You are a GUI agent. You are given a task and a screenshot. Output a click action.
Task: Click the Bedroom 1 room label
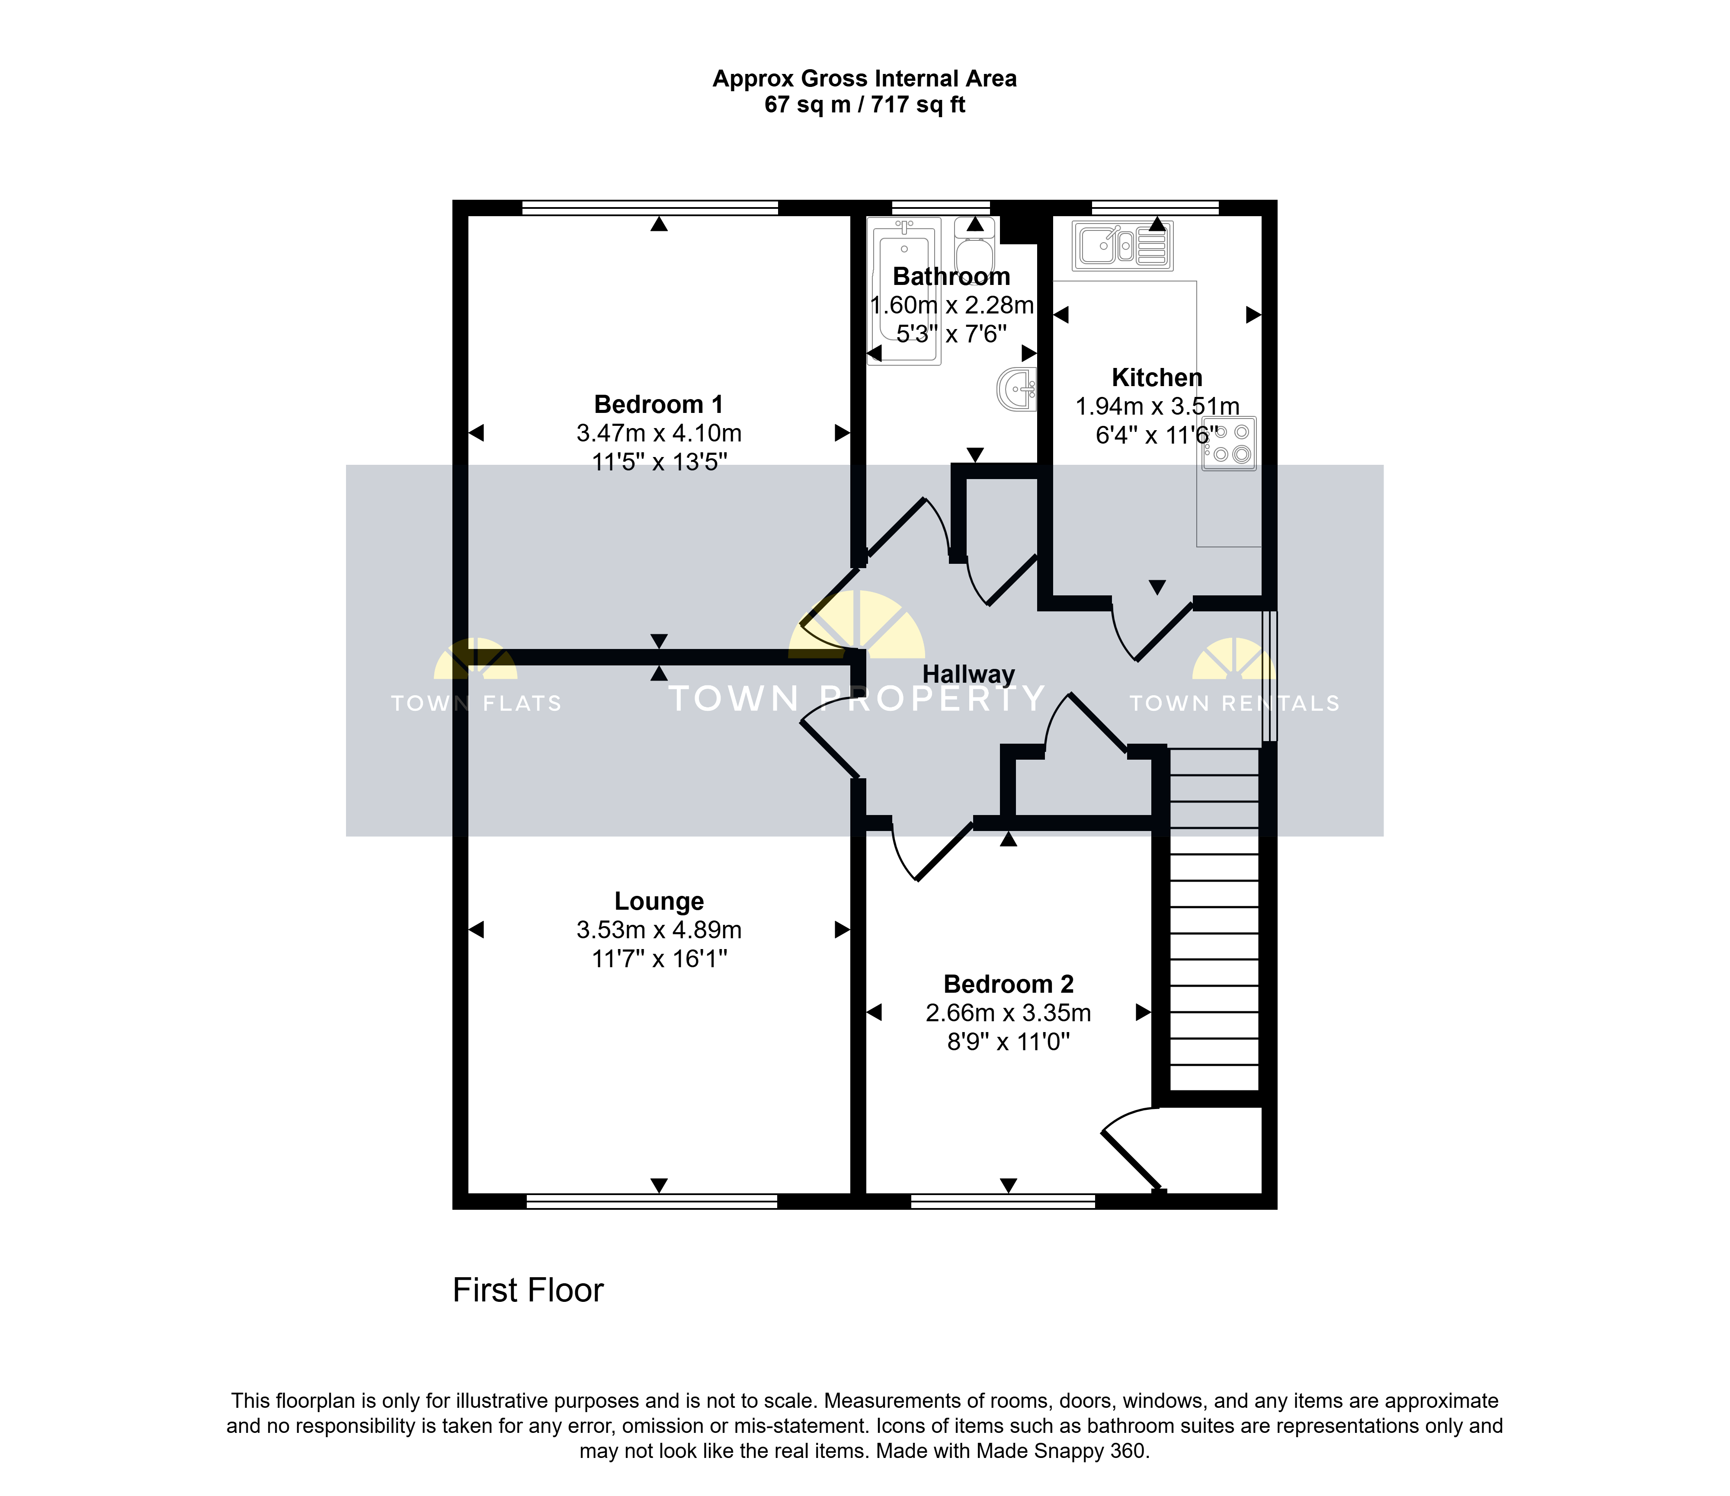[659, 405]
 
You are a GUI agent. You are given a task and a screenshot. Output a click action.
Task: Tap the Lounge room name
[659, 901]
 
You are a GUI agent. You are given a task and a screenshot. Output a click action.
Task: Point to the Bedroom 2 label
[1009, 984]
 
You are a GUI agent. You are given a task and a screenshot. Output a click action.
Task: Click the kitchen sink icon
[1123, 246]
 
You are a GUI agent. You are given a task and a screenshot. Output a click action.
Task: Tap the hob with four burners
[1229, 443]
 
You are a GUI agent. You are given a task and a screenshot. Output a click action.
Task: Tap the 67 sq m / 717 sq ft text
[865, 105]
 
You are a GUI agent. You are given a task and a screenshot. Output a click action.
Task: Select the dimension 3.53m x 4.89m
[659, 930]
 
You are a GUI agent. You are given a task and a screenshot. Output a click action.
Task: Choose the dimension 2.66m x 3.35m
[1009, 1013]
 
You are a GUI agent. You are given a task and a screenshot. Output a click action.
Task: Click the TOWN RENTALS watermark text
[1235, 704]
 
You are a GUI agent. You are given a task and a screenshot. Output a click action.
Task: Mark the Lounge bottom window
[652, 1201]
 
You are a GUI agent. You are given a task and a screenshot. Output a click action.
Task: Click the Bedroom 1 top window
[650, 208]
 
